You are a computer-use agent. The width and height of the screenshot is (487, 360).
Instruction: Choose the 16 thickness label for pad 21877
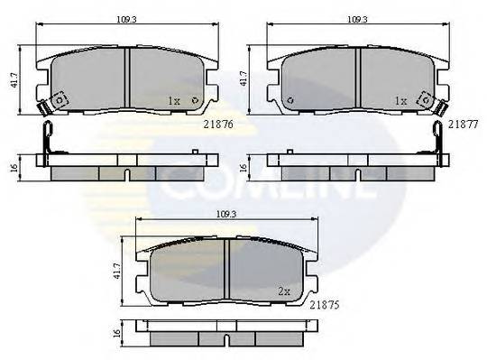point(243,168)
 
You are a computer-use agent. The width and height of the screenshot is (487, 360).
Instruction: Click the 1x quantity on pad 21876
point(175,102)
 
